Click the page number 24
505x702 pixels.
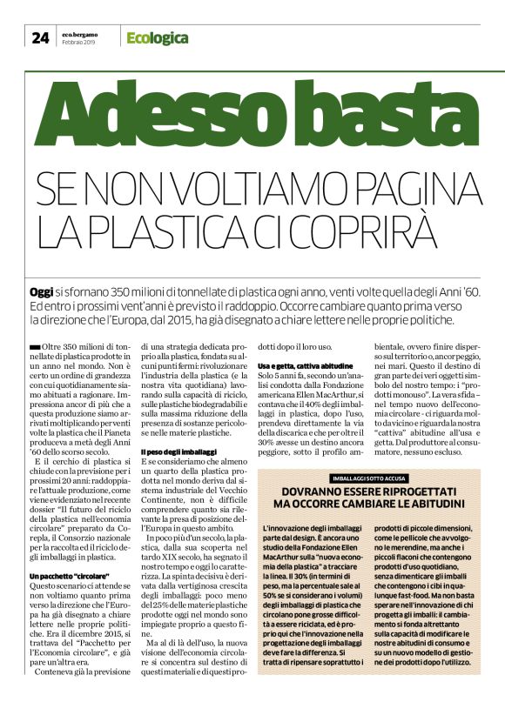pyautogui.click(x=40, y=37)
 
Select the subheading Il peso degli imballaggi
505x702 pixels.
pyautogui.click(x=178, y=452)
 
